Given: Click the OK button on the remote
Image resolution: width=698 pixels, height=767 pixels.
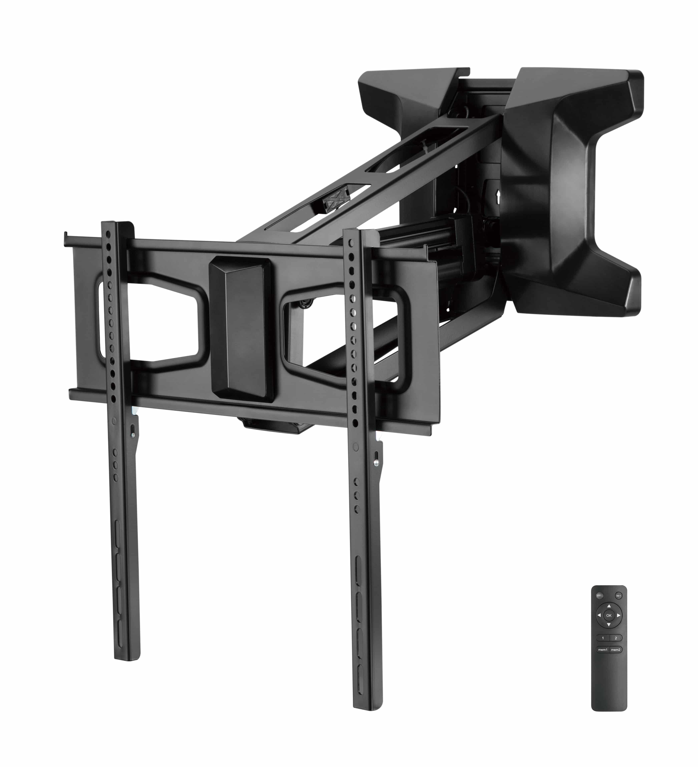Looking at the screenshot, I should coord(608,615).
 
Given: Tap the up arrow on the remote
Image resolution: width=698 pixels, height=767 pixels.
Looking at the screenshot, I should coord(608,605).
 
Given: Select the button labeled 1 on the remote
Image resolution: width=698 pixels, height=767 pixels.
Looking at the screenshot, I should coord(602,638).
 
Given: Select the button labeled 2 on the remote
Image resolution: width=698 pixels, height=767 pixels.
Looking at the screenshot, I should coord(616,638).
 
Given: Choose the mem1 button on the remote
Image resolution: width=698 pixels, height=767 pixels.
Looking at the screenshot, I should coord(602,650).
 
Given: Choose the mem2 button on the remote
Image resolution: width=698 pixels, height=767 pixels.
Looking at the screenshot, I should coord(616,650).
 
